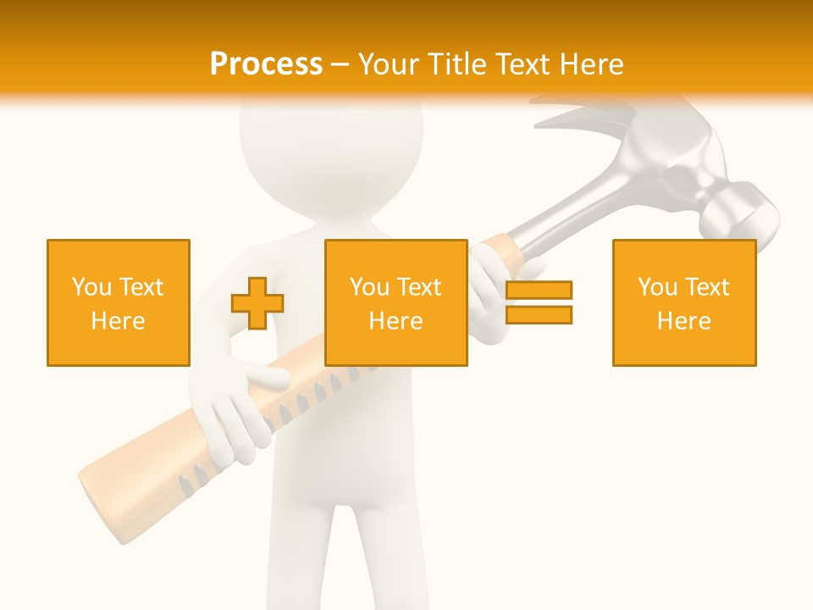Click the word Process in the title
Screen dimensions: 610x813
266,64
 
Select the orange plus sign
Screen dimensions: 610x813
257,303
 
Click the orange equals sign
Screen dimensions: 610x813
539,302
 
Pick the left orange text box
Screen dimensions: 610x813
119,302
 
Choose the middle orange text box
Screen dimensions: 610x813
396,302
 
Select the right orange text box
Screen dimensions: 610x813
684,302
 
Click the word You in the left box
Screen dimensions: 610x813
91,286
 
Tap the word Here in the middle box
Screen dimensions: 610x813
396,321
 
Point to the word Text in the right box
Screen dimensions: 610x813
708,286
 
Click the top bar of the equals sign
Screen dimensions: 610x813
539,291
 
